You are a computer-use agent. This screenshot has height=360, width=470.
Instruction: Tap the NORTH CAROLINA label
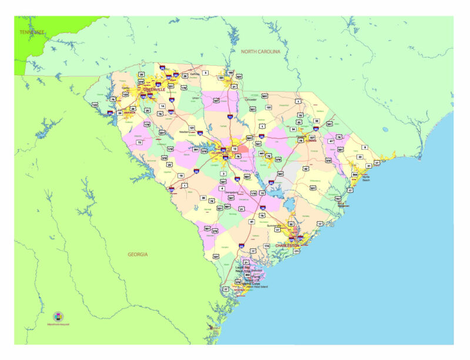261,52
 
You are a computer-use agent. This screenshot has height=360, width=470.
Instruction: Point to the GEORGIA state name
138,254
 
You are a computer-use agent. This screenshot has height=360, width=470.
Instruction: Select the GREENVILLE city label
154,90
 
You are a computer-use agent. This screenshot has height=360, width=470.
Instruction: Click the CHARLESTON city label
287,245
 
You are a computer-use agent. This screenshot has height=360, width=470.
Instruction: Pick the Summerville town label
274,226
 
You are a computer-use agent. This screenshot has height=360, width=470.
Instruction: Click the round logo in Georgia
58,317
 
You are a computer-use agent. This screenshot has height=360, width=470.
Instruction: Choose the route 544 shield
355,174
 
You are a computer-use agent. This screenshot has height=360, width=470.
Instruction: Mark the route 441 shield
261,153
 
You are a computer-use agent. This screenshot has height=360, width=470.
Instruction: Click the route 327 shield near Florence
312,137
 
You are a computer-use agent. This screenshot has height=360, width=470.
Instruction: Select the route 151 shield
268,107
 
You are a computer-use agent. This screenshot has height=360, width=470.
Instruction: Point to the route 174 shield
267,245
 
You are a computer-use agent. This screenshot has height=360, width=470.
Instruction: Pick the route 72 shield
139,142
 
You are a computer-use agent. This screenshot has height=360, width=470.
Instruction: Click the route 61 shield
251,221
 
